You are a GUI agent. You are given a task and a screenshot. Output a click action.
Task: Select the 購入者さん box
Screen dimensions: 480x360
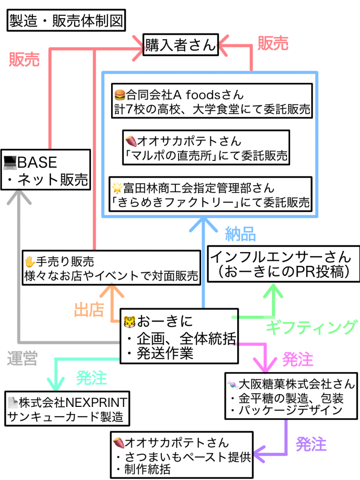point(180,45)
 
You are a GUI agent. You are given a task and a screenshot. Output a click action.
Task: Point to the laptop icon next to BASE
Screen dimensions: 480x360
point(9,163)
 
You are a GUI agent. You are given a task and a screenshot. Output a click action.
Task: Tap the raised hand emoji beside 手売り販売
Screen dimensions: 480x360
point(30,262)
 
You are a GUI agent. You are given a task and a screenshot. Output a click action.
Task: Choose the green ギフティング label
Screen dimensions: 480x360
point(311,327)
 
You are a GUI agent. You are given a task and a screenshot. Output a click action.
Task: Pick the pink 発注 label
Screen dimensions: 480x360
point(297,360)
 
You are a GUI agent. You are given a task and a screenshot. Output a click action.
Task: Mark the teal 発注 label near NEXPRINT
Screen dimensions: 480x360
point(91,377)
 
